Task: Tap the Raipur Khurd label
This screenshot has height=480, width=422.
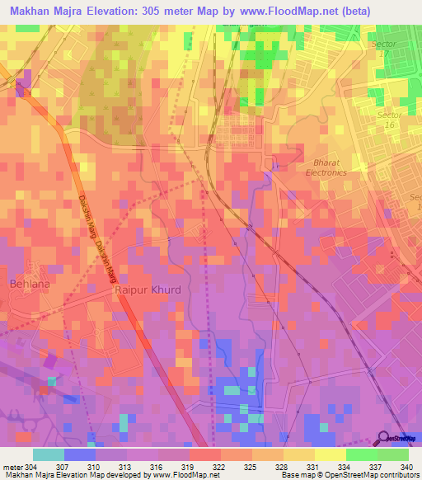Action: click(x=147, y=291)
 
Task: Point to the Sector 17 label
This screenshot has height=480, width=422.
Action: click(x=385, y=49)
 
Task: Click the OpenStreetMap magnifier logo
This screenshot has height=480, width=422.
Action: click(x=385, y=437)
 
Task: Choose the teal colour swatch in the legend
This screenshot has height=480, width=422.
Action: click(x=49, y=454)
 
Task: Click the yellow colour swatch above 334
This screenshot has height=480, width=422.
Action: click(x=330, y=454)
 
